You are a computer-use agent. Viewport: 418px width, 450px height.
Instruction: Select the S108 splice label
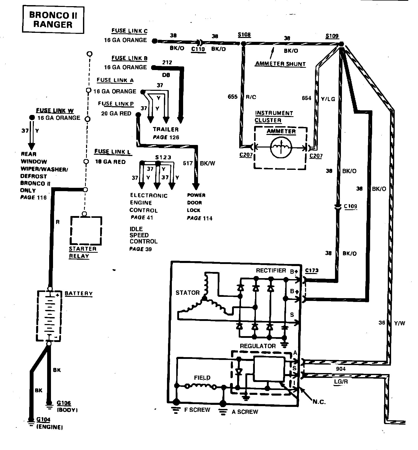[x=244, y=35]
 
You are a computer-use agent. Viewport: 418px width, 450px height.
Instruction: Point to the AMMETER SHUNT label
[x=280, y=64]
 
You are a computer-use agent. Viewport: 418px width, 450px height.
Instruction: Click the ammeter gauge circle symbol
[x=281, y=147]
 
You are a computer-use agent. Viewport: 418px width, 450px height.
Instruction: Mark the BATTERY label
[x=78, y=294]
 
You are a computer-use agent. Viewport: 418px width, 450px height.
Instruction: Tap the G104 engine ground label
[x=44, y=419]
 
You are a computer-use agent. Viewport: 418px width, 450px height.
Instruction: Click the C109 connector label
[x=350, y=206]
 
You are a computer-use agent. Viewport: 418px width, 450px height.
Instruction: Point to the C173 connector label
[x=312, y=271]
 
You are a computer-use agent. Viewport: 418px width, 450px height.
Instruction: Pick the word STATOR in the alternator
[x=187, y=293]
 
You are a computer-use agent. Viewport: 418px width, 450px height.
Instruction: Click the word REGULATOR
[x=258, y=346]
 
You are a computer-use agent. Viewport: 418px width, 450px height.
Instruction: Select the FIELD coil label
[x=202, y=378]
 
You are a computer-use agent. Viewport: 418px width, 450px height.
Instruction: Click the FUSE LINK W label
[x=55, y=111]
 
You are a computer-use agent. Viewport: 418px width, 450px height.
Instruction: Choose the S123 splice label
[x=163, y=157]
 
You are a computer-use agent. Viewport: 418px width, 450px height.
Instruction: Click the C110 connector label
[x=198, y=49]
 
